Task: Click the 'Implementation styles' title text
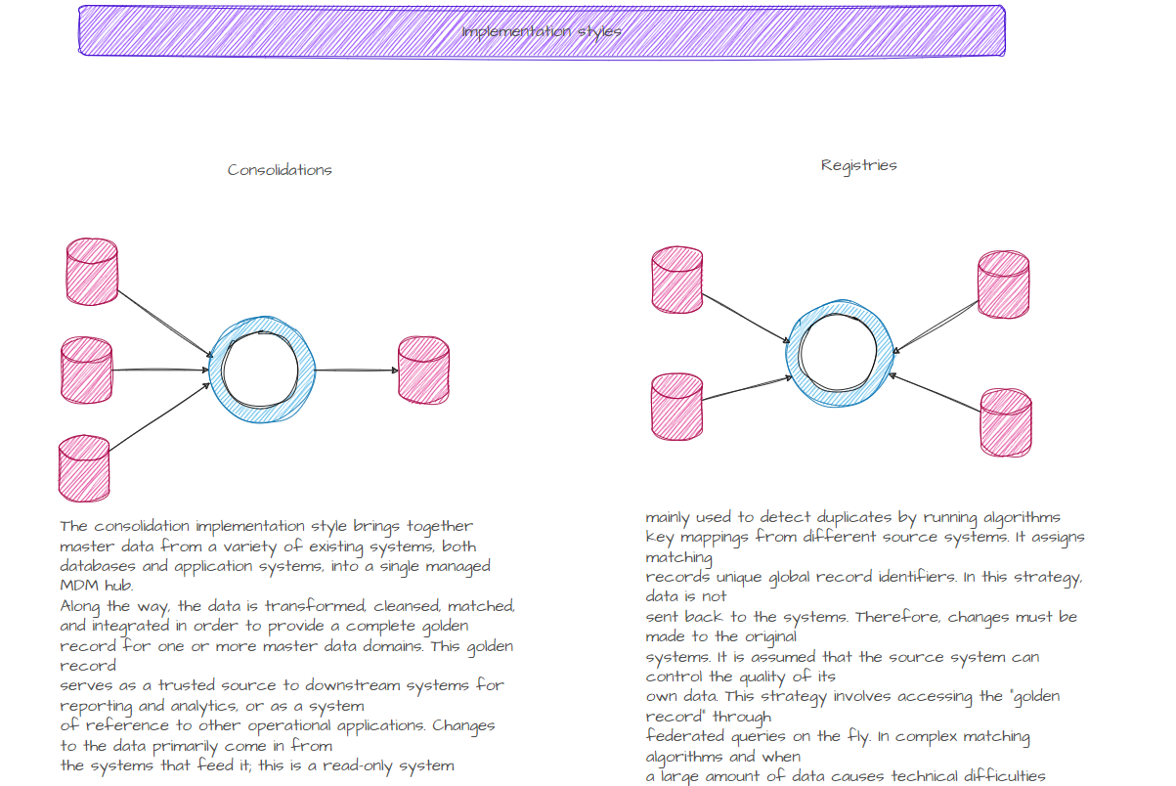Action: pos(541,31)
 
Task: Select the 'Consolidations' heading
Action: pos(280,170)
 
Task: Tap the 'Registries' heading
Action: pos(858,165)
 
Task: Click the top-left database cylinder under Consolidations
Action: pos(92,272)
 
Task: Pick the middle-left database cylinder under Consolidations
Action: pos(87,370)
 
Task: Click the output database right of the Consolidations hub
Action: pos(423,370)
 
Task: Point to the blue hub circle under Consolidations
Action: pos(261,370)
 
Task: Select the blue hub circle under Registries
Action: pos(840,353)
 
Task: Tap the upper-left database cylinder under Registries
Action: pos(677,280)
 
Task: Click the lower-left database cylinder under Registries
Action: pos(676,405)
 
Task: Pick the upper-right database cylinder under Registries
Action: pos(1004,284)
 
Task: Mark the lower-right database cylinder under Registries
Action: pos(1006,422)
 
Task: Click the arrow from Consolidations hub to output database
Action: pos(357,370)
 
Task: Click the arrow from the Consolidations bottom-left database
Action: pos(159,417)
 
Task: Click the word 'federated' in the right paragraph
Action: pos(685,736)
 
